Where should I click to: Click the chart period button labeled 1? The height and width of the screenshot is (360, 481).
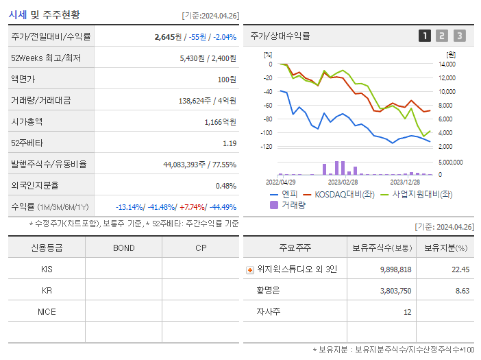(x=425, y=36)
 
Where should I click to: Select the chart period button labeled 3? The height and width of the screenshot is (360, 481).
(x=459, y=36)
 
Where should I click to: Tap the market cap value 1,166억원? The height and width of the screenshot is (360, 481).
(x=220, y=121)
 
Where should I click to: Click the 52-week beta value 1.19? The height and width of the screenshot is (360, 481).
(x=230, y=143)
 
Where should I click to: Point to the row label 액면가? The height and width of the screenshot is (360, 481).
(x=25, y=79)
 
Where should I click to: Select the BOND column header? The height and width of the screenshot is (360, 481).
(x=123, y=248)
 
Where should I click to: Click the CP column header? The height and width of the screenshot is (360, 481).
(x=201, y=248)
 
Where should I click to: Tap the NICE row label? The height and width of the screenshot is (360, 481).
(x=47, y=311)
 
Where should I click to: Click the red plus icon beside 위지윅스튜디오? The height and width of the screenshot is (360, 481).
(x=250, y=269)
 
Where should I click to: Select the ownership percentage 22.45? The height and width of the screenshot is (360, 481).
(x=460, y=269)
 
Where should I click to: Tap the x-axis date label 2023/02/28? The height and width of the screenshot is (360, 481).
(x=343, y=182)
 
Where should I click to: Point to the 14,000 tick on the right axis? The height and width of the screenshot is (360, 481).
(x=447, y=64)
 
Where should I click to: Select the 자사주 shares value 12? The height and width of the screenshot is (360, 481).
(x=407, y=311)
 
